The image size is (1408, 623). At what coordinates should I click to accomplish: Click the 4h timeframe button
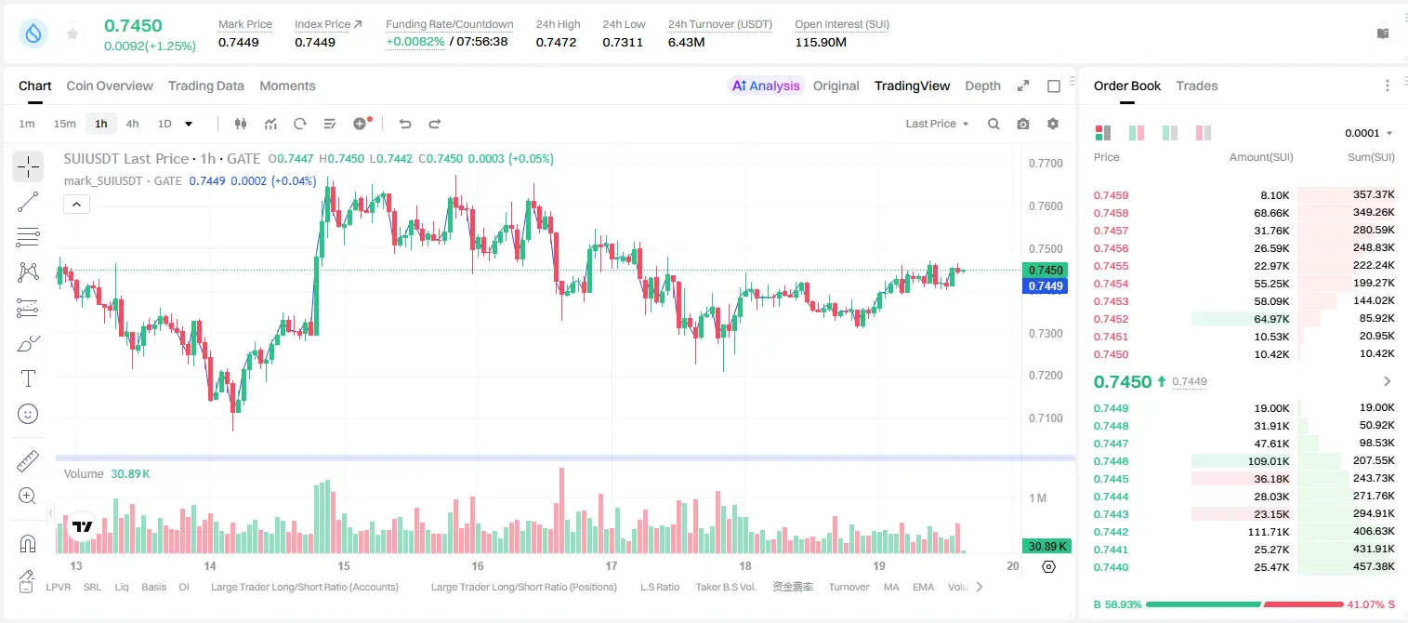132,124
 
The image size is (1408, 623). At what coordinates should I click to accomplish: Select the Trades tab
1197,86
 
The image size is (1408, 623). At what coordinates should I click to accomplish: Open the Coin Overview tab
110,86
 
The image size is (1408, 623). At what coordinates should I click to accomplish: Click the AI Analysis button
766,86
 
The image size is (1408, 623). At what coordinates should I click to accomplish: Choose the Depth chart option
982,86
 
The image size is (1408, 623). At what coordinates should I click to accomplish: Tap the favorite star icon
72,33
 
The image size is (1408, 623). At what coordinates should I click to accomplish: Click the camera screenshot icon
1023,124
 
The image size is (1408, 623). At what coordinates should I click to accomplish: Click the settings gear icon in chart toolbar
1053,124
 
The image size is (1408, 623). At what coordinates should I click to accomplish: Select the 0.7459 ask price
1111,195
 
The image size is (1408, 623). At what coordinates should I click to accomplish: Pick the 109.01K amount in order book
1269,461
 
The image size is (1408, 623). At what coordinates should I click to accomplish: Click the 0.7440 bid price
1111,567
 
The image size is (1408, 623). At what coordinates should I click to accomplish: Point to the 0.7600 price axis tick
1046,206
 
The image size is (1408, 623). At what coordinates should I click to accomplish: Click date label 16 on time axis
478,565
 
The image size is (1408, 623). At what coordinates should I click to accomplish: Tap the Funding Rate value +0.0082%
415,42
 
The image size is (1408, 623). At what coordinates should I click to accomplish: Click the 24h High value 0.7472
556,42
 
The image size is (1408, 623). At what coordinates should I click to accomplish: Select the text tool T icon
28,378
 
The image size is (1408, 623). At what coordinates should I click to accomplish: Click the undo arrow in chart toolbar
405,124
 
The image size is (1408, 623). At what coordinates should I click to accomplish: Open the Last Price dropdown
937,124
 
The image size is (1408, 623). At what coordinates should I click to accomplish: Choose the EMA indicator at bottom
924,587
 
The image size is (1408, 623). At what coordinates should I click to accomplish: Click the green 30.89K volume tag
1046,547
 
